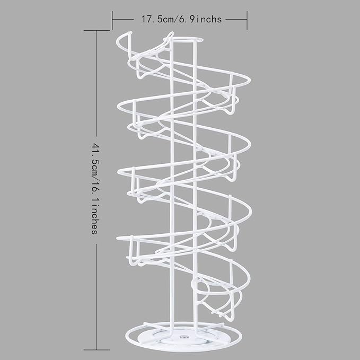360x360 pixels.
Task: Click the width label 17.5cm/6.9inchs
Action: point(181,19)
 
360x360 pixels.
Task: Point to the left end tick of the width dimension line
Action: point(112,19)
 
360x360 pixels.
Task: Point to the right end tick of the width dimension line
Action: point(248,19)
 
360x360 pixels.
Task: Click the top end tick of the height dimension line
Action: point(96,30)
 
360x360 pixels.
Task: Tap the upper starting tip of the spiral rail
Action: point(171,35)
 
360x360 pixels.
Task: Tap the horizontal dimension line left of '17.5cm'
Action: point(126,19)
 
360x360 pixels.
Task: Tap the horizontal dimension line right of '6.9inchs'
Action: point(235,19)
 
